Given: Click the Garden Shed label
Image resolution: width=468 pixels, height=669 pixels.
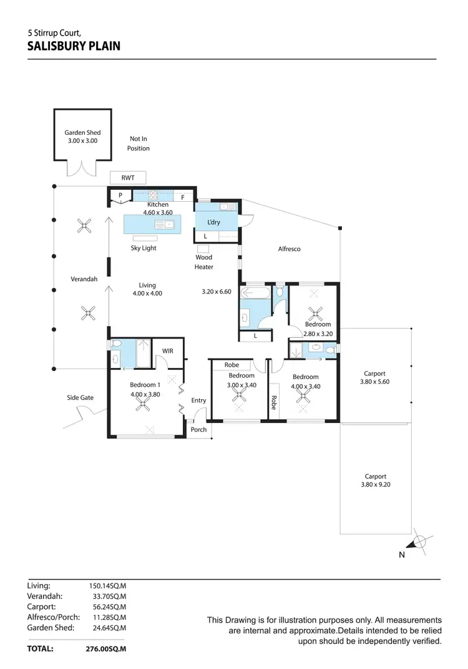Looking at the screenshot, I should (x=82, y=132).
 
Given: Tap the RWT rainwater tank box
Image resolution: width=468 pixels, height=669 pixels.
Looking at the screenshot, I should (x=127, y=177).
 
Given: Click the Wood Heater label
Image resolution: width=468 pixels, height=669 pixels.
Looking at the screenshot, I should (x=203, y=262).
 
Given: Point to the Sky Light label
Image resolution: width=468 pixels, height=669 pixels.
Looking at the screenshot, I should (x=143, y=248).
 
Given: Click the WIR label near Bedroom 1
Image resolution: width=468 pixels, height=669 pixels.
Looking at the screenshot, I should (x=167, y=352).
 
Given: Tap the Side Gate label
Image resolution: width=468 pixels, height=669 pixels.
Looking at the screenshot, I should (x=80, y=397).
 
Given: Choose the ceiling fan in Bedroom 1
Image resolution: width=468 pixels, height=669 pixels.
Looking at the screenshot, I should (x=145, y=405).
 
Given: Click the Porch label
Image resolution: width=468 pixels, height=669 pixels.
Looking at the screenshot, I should (x=198, y=429).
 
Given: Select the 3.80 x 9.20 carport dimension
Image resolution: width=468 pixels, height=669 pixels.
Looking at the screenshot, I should (x=375, y=484).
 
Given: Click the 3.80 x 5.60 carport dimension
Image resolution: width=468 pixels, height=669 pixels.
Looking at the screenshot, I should (x=374, y=382).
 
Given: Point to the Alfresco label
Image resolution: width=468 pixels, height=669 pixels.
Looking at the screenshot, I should (x=289, y=249).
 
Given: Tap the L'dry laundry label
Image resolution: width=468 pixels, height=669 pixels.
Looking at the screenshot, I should (x=213, y=222).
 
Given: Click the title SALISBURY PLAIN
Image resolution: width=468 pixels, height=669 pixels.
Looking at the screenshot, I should (x=74, y=46).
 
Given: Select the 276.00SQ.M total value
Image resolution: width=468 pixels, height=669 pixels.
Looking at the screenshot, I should (x=106, y=650).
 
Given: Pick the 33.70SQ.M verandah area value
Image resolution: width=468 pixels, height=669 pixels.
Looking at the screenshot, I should (x=108, y=596).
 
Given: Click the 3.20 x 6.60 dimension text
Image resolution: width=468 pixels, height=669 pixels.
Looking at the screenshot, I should (x=217, y=291).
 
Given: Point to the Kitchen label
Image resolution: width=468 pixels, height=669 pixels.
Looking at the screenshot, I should (x=157, y=204).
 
